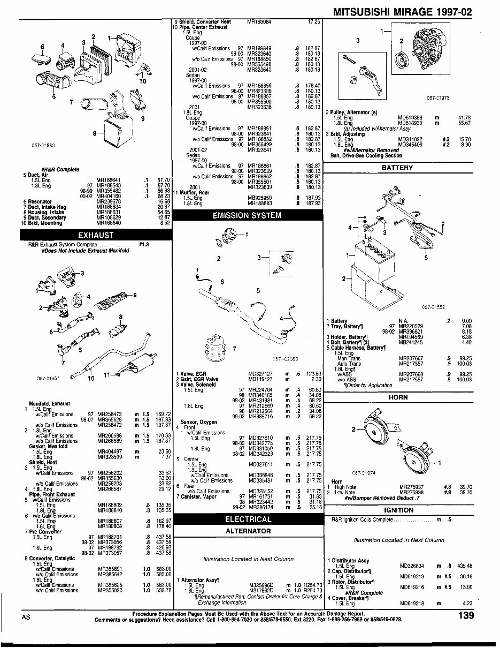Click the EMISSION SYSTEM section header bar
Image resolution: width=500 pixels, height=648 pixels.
pos(247,216)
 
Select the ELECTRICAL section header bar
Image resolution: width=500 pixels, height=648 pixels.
pos(248,519)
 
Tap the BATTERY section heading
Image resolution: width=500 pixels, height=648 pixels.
pos(398,168)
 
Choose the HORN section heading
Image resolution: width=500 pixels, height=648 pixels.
pos(398,397)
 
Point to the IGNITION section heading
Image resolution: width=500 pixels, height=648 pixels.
pos(398,510)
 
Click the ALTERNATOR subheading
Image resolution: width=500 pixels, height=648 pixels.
pos(247,531)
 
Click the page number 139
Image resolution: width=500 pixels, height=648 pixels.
pos(466,616)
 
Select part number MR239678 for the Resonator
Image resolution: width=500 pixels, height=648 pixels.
pos(109,201)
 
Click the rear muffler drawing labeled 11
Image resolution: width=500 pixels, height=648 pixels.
pos(134,369)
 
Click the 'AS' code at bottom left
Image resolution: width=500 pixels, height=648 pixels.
pos(26,616)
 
